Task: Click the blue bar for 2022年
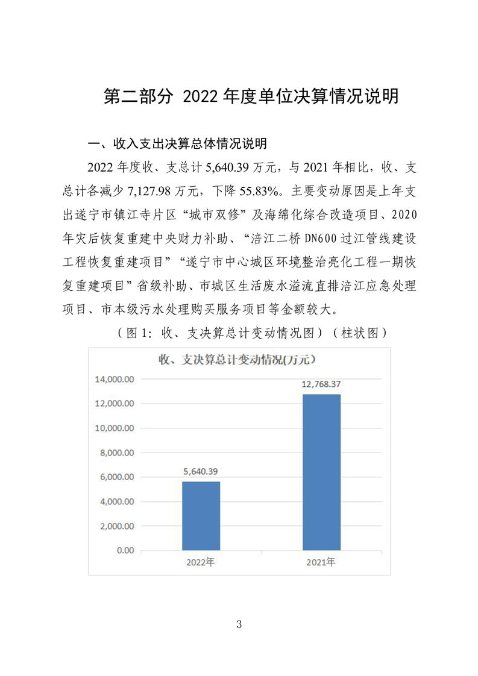pyautogui.click(x=201, y=515)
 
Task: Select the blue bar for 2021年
pyautogui.click(x=321, y=472)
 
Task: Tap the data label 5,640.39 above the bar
pyautogui.click(x=201, y=471)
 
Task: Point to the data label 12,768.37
pyautogui.click(x=321, y=384)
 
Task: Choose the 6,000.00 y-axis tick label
pyautogui.click(x=115, y=477)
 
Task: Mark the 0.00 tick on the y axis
pyautogui.click(x=124, y=550)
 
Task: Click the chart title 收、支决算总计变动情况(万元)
pyautogui.click(x=237, y=360)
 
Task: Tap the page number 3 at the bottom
pyautogui.click(x=239, y=624)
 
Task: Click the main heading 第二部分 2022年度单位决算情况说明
pyautogui.click(x=251, y=97)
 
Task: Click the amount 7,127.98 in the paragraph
pyautogui.click(x=149, y=192)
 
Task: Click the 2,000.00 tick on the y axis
pyautogui.click(x=115, y=525)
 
